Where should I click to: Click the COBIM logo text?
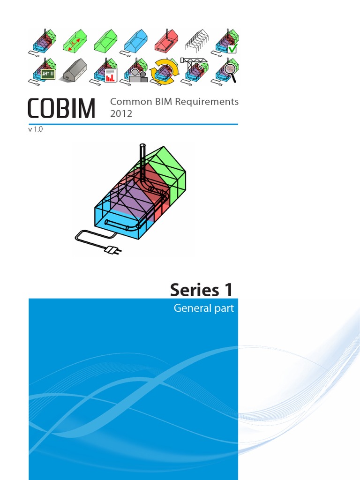(61, 108)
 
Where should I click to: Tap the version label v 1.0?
(36, 130)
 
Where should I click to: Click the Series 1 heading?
(201, 290)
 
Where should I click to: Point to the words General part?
(203, 308)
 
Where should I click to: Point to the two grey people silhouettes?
(138, 76)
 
